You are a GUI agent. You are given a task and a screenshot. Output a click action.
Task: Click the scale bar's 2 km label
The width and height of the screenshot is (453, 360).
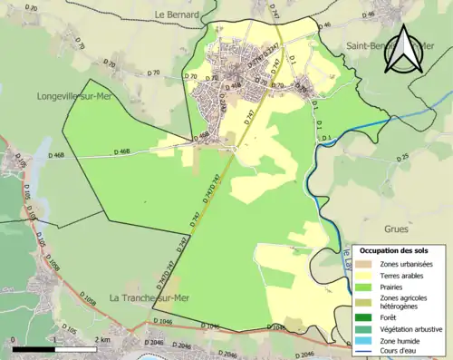coord(102,339)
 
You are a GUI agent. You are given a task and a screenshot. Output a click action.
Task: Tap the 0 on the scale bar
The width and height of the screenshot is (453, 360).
coord(14,339)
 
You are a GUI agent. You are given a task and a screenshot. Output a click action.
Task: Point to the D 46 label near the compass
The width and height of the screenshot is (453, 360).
coord(369,15)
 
